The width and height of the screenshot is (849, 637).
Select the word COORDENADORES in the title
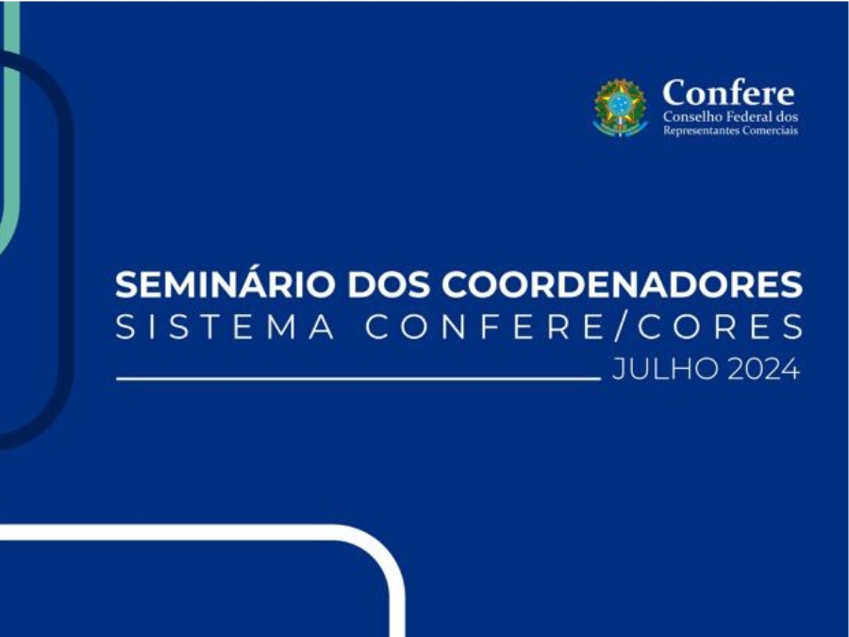click(x=622, y=284)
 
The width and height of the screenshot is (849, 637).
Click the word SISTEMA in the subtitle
click(x=225, y=327)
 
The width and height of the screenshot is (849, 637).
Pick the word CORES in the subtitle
click(x=720, y=327)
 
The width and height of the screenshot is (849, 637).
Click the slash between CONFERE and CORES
click(x=621, y=327)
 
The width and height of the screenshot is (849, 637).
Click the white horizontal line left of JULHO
click(x=358, y=378)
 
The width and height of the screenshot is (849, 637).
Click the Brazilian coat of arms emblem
click(x=621, y=108)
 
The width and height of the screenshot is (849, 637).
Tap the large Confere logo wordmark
click(x=728, y=92)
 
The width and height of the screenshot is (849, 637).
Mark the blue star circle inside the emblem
click(x=620, y=103)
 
